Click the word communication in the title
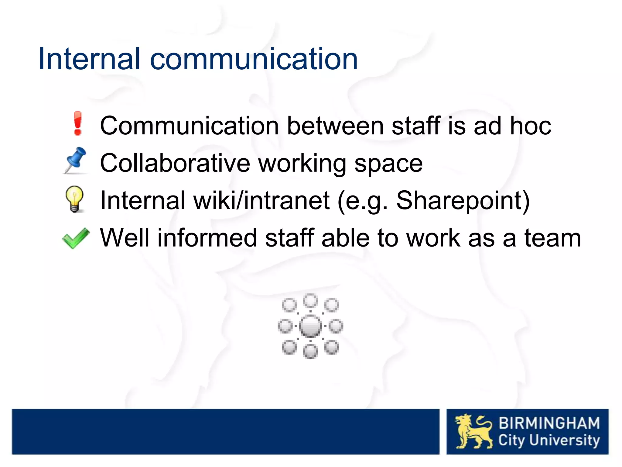[254, 59]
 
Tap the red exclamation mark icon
[78, 123]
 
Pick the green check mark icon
[76, 238]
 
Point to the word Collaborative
[175, 163]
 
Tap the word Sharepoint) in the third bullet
[463, 201]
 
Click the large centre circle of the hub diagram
[310, 326]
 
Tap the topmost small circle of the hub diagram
[310, 301]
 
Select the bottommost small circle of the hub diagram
[310, 352]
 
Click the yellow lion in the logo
[473, 431]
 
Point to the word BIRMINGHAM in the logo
[549, 423]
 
